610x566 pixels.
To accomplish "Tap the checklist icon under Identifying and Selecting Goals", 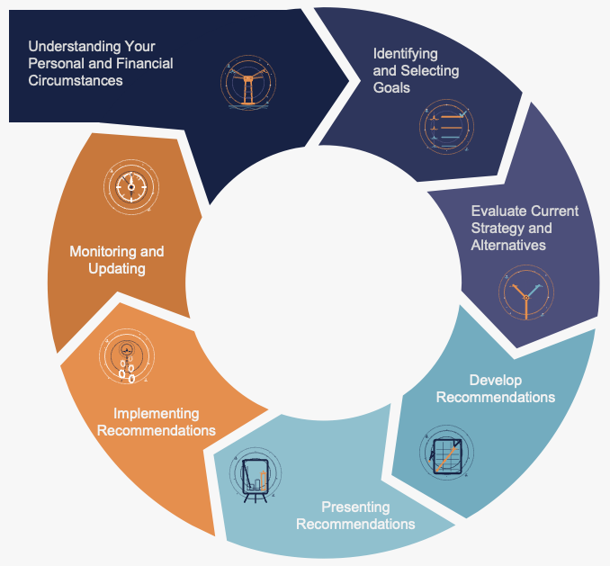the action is [x=446, y=128].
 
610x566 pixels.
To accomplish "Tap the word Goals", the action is [x=391, y=87].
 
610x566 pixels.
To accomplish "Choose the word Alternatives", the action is [x=508, y=245].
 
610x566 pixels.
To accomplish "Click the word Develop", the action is [x=496, y=380].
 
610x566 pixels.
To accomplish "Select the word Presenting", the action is [x=356, y=508].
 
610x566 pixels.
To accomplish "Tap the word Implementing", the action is [x=156, y=414].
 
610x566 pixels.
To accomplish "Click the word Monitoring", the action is [x=103, y=252].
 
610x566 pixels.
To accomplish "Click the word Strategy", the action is [x=498, y=229].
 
